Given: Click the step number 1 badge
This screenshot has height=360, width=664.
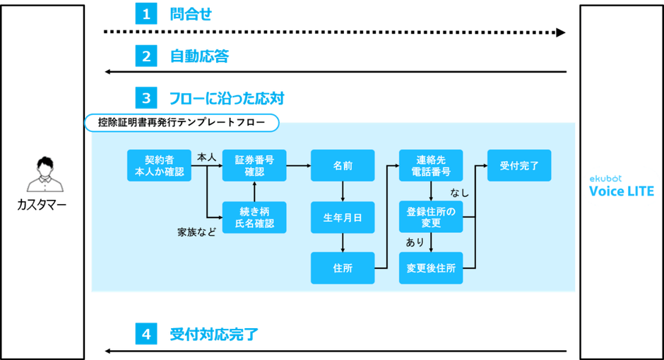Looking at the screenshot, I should click(146, 14).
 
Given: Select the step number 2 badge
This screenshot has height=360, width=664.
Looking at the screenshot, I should click(146, 56).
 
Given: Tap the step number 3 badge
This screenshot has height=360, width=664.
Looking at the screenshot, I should click(146, 97).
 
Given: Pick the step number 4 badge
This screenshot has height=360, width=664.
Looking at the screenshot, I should click(146, 334).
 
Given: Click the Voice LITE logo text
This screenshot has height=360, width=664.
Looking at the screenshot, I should click(622, 191).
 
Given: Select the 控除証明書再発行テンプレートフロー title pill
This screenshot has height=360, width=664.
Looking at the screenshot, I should click(182, 123).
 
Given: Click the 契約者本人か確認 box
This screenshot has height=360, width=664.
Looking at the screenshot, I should click(159, 166).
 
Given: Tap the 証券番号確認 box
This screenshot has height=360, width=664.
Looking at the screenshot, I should click(254, 166).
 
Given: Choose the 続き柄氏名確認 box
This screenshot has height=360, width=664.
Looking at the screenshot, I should click(254, 217).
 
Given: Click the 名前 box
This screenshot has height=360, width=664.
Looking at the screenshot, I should click(343, 166).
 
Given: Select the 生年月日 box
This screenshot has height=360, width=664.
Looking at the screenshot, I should click(343, 217).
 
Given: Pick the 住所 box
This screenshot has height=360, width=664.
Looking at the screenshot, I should click(343, 268).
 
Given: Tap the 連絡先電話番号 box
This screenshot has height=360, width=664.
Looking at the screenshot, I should click(431, 166).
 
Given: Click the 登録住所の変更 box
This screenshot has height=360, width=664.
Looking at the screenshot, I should click(431, 217).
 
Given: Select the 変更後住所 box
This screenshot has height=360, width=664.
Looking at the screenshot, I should click(431, 268).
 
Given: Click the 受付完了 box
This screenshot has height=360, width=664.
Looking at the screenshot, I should click(519, 166).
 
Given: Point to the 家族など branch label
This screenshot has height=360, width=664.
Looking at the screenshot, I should click(196, 231).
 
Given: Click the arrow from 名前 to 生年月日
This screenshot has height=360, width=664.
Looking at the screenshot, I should click(343, 191).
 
